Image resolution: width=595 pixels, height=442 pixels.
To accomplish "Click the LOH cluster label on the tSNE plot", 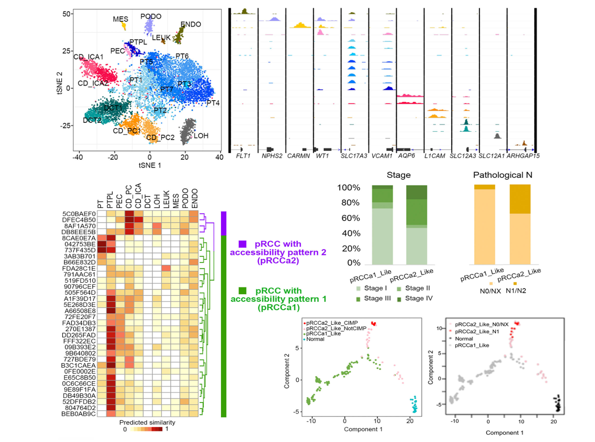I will (x=201, y=135).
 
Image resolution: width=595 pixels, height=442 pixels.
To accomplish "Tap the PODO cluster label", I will (x=151, y=17).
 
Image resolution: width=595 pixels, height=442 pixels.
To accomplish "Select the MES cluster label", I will (x=120, y=19).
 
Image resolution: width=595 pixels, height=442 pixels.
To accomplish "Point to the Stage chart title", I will (x=399, y=175).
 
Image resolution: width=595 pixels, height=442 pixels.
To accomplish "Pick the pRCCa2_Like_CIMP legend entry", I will (x=329, y=323).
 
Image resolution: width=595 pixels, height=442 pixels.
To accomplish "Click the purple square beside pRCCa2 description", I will (x=242, y=243).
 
